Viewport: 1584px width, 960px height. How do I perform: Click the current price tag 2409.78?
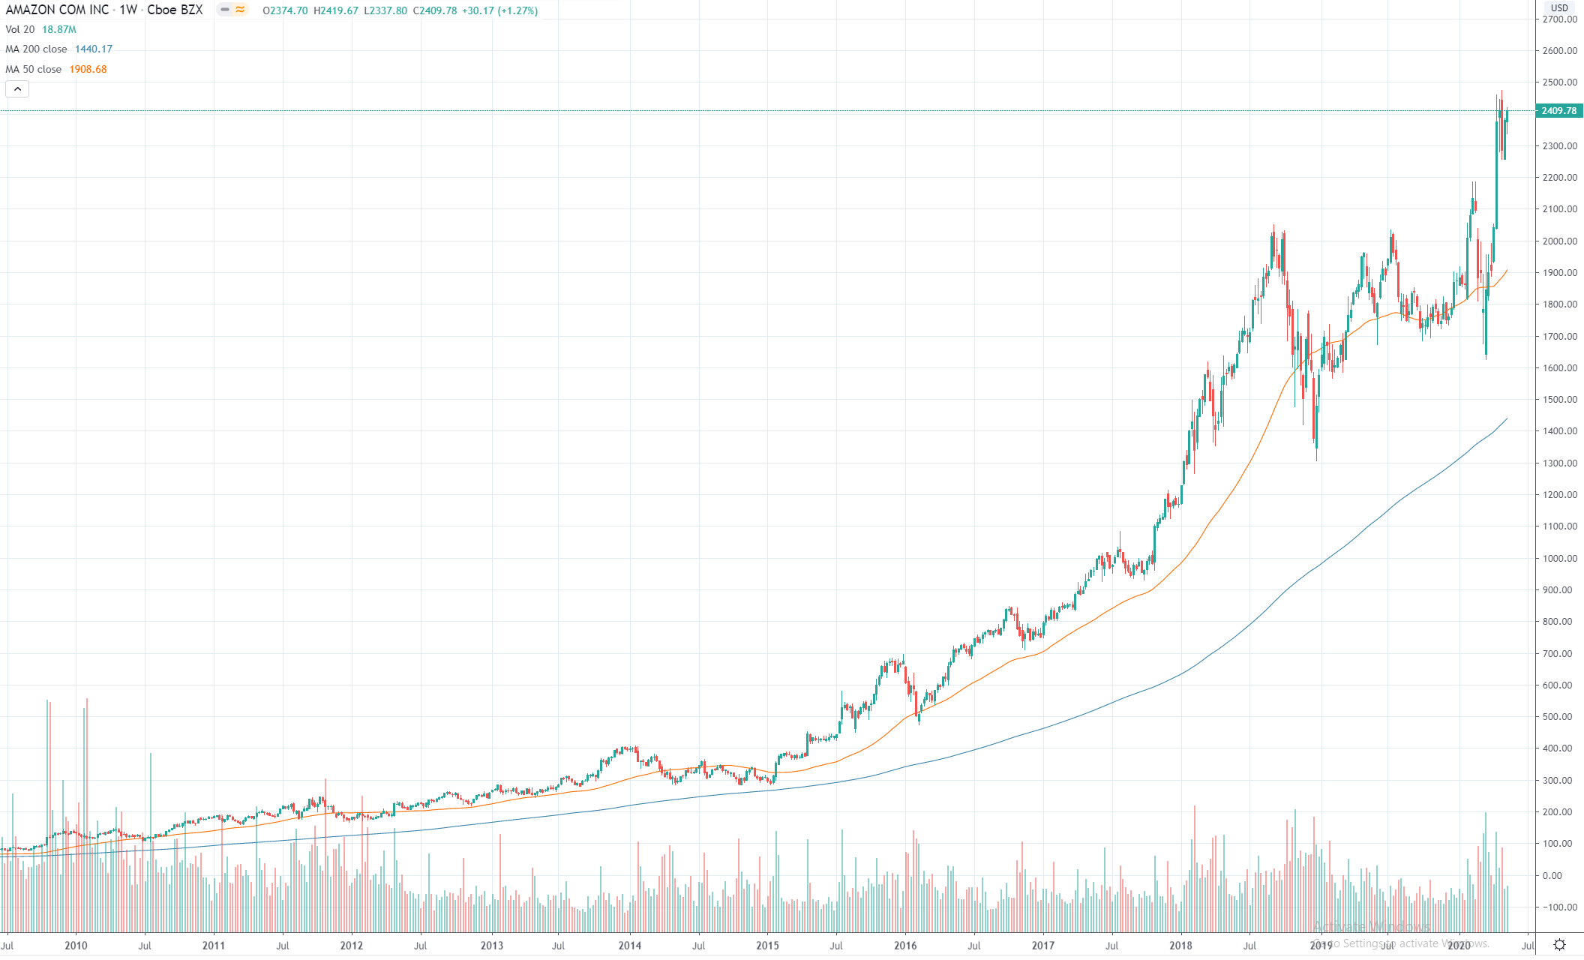click(1558, 111)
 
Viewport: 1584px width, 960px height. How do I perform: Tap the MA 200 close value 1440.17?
click(94, 49)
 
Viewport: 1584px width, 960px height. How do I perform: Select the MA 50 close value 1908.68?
click(88, 69)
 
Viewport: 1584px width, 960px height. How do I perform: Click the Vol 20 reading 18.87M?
click(59, 30)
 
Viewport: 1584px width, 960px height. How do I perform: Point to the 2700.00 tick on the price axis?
click(1560, 19)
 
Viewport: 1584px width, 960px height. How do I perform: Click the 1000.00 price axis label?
click(1560, 558)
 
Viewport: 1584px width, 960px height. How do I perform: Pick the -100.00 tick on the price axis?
click(1560, 907)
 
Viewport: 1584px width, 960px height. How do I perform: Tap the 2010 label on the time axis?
click(76, 946)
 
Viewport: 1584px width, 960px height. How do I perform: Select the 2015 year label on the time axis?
click(767, 946)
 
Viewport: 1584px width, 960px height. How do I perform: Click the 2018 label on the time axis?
click(1180, 946)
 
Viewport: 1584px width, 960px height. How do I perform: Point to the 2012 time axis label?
click(351, 946)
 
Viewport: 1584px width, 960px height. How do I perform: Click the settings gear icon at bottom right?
click(1559, 945)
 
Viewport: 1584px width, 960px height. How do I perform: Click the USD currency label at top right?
click(1559, 7)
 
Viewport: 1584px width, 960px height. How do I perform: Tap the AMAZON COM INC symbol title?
click(57, 10)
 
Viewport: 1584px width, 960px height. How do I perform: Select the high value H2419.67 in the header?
click(336, 11)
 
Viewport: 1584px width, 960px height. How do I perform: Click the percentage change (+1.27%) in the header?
click(517, 11)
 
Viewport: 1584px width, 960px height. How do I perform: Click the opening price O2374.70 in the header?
click(285, 11)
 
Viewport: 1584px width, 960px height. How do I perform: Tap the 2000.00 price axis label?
click(1560, 241)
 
